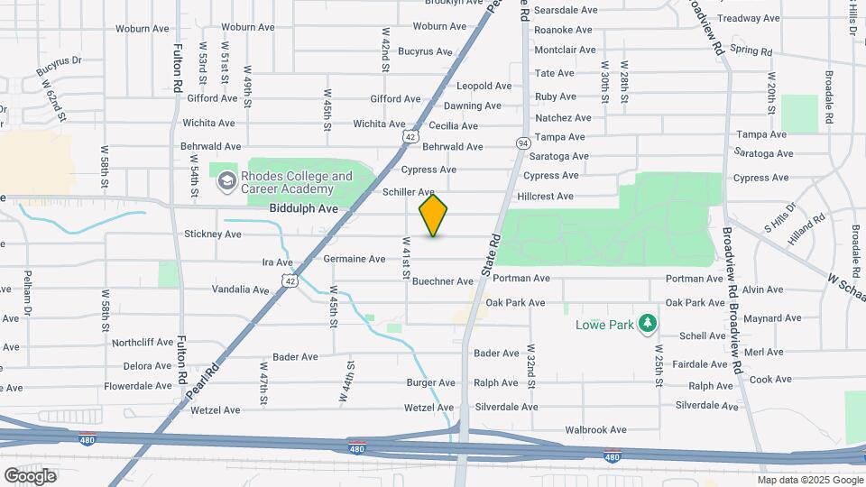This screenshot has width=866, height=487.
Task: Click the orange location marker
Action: coord(434,215)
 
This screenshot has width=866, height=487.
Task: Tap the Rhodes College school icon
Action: coord(226,182)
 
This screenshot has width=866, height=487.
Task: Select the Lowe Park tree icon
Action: coord(646,323)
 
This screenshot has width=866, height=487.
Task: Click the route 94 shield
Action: coord(523,143)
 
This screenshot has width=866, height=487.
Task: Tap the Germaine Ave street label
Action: coord(355,259)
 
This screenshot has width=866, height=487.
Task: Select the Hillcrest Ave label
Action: coord(545,196)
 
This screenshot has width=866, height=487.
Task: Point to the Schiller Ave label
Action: coord(409,192)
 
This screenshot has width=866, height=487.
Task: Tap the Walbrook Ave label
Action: coord(594,430)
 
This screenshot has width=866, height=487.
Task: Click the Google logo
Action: coord(30,475)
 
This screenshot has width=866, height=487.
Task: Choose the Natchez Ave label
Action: coord(563,117)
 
